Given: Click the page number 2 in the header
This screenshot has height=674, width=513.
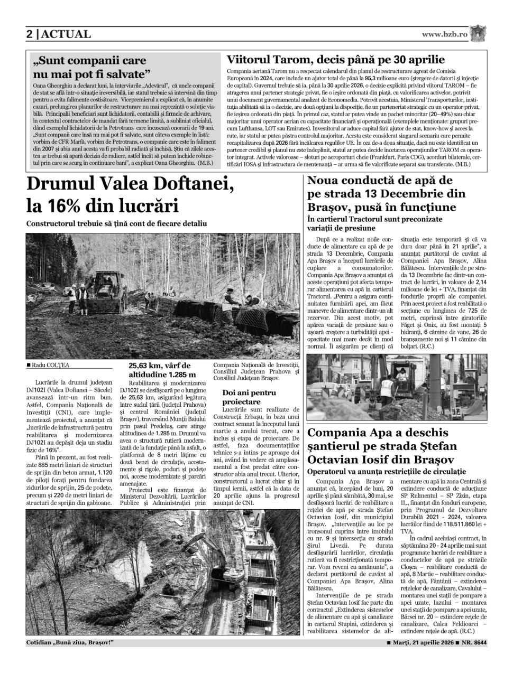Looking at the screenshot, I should pos(30,34).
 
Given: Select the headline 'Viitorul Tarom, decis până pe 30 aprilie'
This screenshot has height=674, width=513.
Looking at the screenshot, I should pos(335,60).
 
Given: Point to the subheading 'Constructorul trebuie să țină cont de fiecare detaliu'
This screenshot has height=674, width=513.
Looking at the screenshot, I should pos(116,223).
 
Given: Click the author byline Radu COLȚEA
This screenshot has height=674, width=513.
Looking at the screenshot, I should pos(50,364).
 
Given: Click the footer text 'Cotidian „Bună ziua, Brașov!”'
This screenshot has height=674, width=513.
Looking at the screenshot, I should pos(70,643).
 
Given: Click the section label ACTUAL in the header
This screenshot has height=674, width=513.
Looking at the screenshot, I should pos(66,34).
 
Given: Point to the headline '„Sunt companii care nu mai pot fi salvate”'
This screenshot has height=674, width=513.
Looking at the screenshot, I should pos(89,67).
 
